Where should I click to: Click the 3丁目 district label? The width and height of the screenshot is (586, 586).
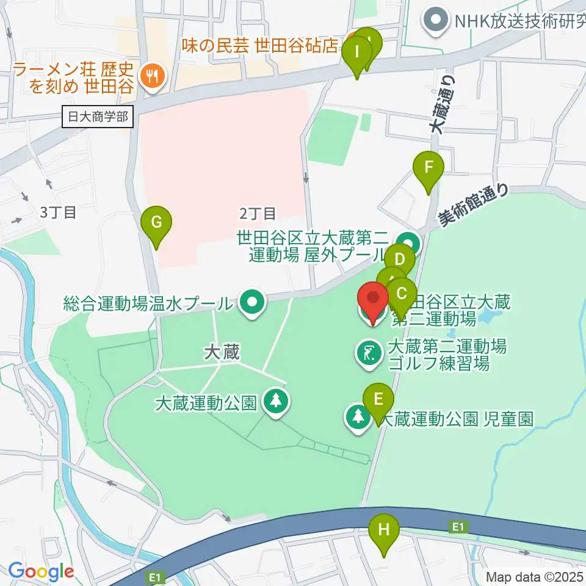click(58, 213)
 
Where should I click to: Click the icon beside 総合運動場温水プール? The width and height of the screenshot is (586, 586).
click(251, 302)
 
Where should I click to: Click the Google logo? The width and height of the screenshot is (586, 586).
click(41, 571)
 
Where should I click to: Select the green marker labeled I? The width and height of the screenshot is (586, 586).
click(356, 56)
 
